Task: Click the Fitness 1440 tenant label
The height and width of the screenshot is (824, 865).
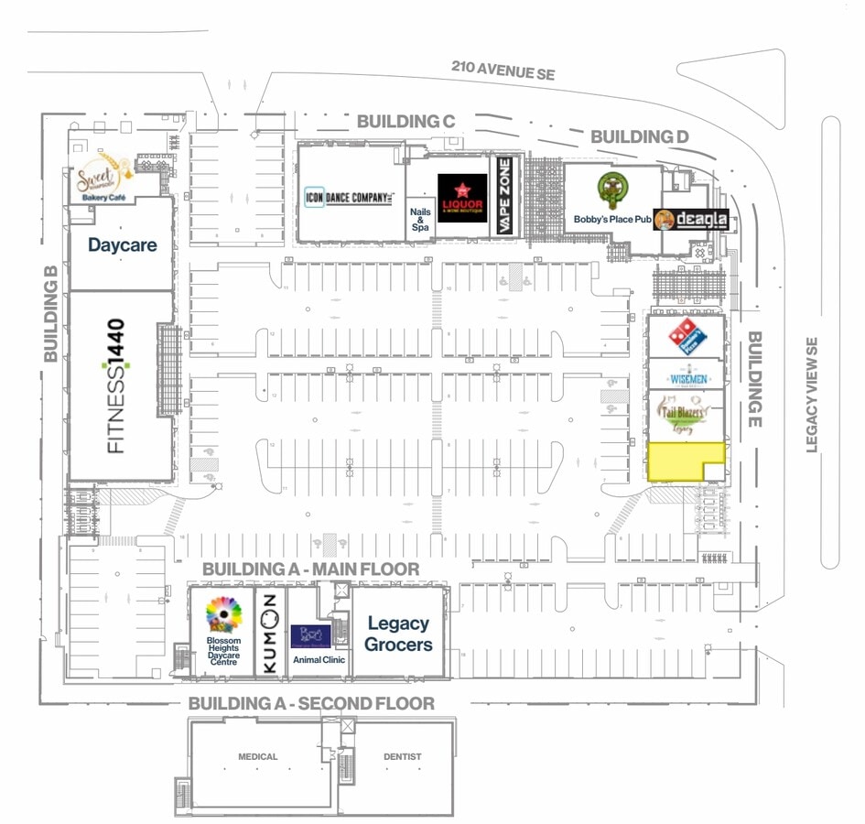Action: click(x=116, y=385)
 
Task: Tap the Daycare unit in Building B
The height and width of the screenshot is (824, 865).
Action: click(x=122, y=244)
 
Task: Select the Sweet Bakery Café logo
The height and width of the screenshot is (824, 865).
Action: click(x=100, y=178)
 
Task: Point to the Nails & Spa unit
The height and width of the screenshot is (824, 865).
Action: click(x=419, y=220)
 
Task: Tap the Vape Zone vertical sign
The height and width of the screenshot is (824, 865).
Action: click(x=503, y=198)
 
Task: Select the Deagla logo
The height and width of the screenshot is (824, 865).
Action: click(x=692, y=220)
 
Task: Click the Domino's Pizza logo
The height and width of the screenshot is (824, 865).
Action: click(x=686, y=338)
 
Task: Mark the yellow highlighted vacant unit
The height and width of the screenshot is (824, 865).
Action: click(x=677, y=461)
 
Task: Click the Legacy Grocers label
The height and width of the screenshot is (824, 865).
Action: click(x=398, y=633)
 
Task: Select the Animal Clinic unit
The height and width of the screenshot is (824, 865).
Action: click(x=317, y=641)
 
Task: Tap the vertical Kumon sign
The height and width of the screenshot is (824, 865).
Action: click(x=269, y=633)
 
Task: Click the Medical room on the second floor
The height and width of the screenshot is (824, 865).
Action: click(x=257, y=757)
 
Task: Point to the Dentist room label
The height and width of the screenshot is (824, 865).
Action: click(x=403, y=757)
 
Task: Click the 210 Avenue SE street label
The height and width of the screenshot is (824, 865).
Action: click(x=503, y=72)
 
